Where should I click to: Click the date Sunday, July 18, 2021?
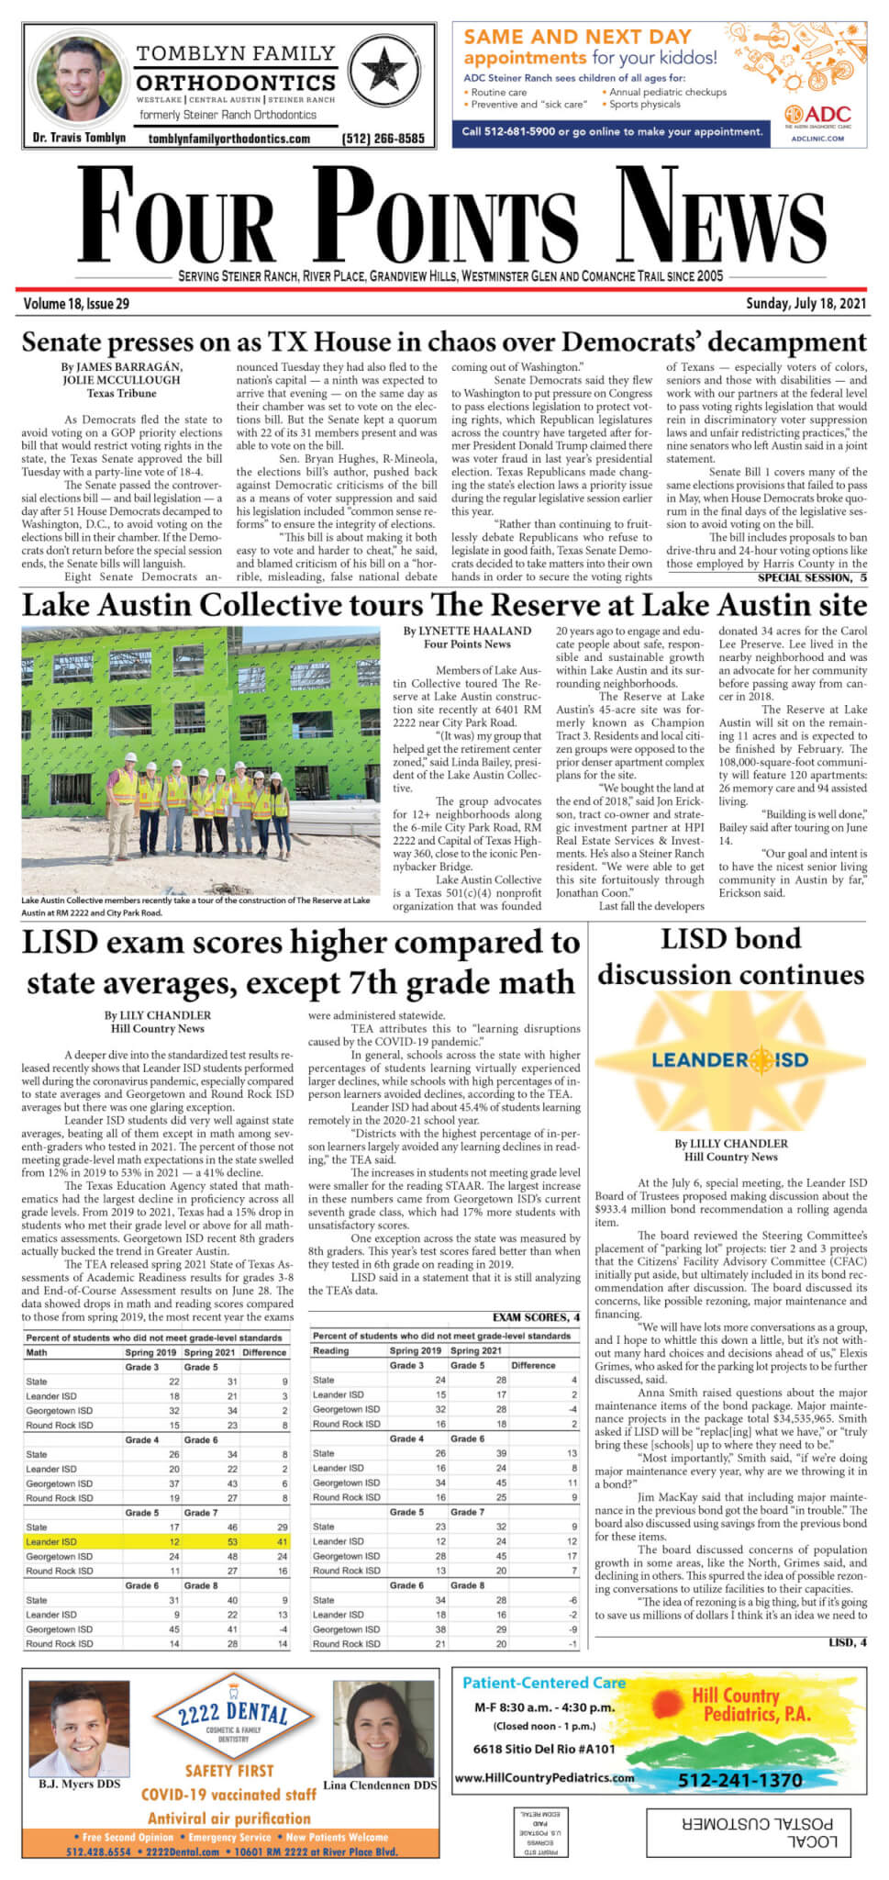tap(806, 304)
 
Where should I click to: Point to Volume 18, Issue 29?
tap(76, 304)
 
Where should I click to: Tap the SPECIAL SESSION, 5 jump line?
tap(812, 578)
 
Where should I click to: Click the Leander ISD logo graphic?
tap(730, 1060)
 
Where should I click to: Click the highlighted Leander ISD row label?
tap(52, 1541)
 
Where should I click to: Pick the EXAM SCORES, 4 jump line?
tap(536, 1317)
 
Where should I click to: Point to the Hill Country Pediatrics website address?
tap(545, 1778)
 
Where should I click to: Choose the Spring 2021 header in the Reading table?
tap(475, 1350)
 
